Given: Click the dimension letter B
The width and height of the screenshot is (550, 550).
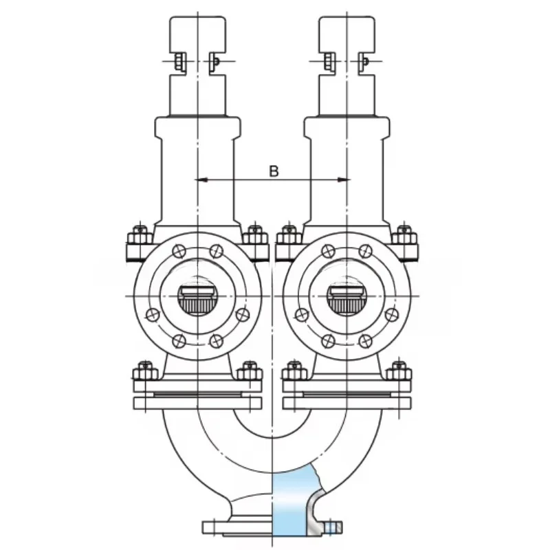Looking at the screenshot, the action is (x=274, y=171).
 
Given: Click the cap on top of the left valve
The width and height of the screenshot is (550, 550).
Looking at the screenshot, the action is (x=198, y=34).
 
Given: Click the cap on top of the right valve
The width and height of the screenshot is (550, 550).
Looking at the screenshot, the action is (x=347, y=34).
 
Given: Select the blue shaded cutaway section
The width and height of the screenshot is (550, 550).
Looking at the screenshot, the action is (x=291, y=502).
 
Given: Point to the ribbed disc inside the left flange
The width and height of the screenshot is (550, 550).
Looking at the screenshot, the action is (x=198, y=300).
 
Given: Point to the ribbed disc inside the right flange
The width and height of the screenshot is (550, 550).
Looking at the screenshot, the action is (x=346, y=300).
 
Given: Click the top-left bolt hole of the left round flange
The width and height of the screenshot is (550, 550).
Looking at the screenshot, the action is (x=179, y=251).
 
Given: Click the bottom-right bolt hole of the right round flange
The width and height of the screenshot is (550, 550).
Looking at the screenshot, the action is (x=365, y=340).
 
